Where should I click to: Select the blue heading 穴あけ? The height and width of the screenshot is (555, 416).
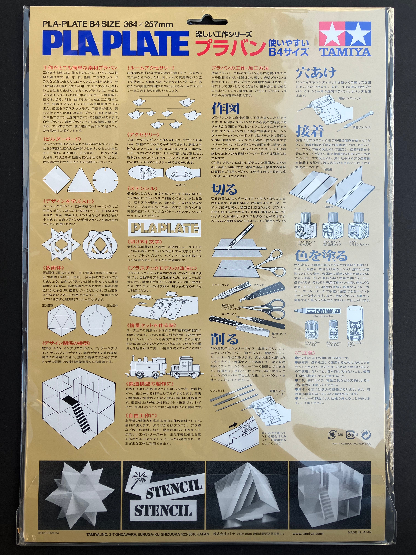click(x=316, y=73)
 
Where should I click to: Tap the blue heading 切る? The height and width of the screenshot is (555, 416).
click(x=224, y=189)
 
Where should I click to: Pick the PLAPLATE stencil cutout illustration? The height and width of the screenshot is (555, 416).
click(x=165, y=228)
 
